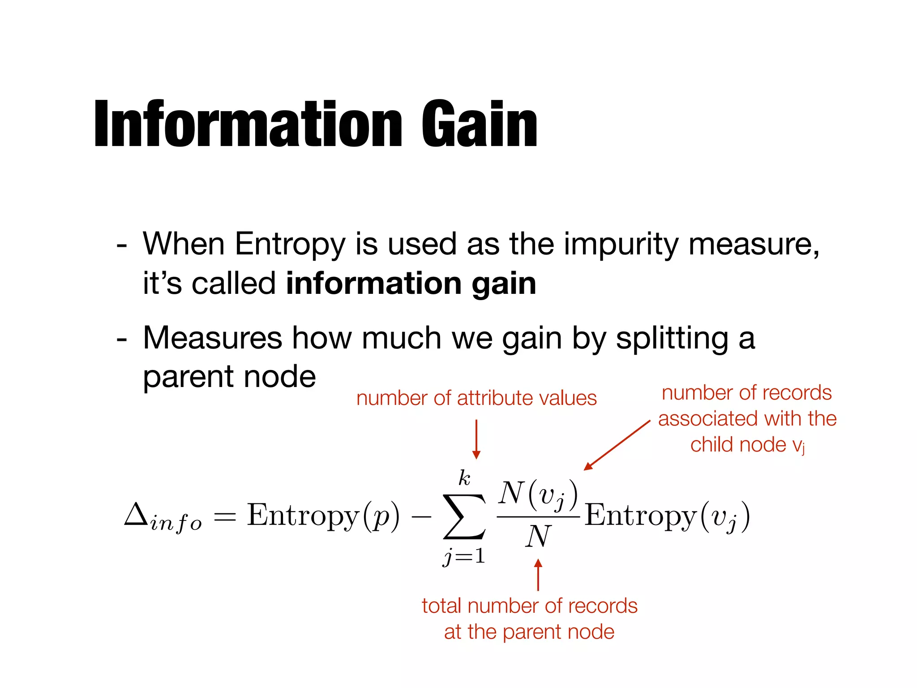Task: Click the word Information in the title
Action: [x=249, y=124]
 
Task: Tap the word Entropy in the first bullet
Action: [x=290, y=245]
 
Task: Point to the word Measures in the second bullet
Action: [x=212, y=338]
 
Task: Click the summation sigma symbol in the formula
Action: [x=464, y=516]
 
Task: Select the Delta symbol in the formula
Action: [x=136, y=514]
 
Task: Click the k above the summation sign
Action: [x=464, y=478]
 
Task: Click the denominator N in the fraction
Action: [x=538, y=537]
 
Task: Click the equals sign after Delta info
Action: [x=224, y=517]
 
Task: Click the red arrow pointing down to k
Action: [x=476, y=439]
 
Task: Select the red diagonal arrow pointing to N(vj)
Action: [x=617, y=445]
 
